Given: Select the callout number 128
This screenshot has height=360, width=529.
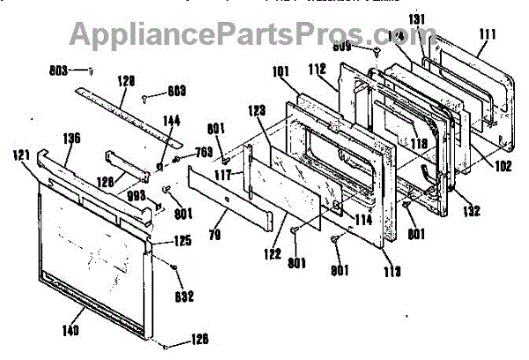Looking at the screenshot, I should [x=125, y=80].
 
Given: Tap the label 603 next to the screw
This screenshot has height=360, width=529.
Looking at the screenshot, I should [x=177, y=90].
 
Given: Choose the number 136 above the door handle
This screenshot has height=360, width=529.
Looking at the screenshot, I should [x=71, y=138].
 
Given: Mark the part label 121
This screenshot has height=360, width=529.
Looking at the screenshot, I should [x=21, y=154].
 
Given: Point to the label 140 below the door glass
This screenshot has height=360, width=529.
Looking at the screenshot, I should [x=71, y=330].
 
